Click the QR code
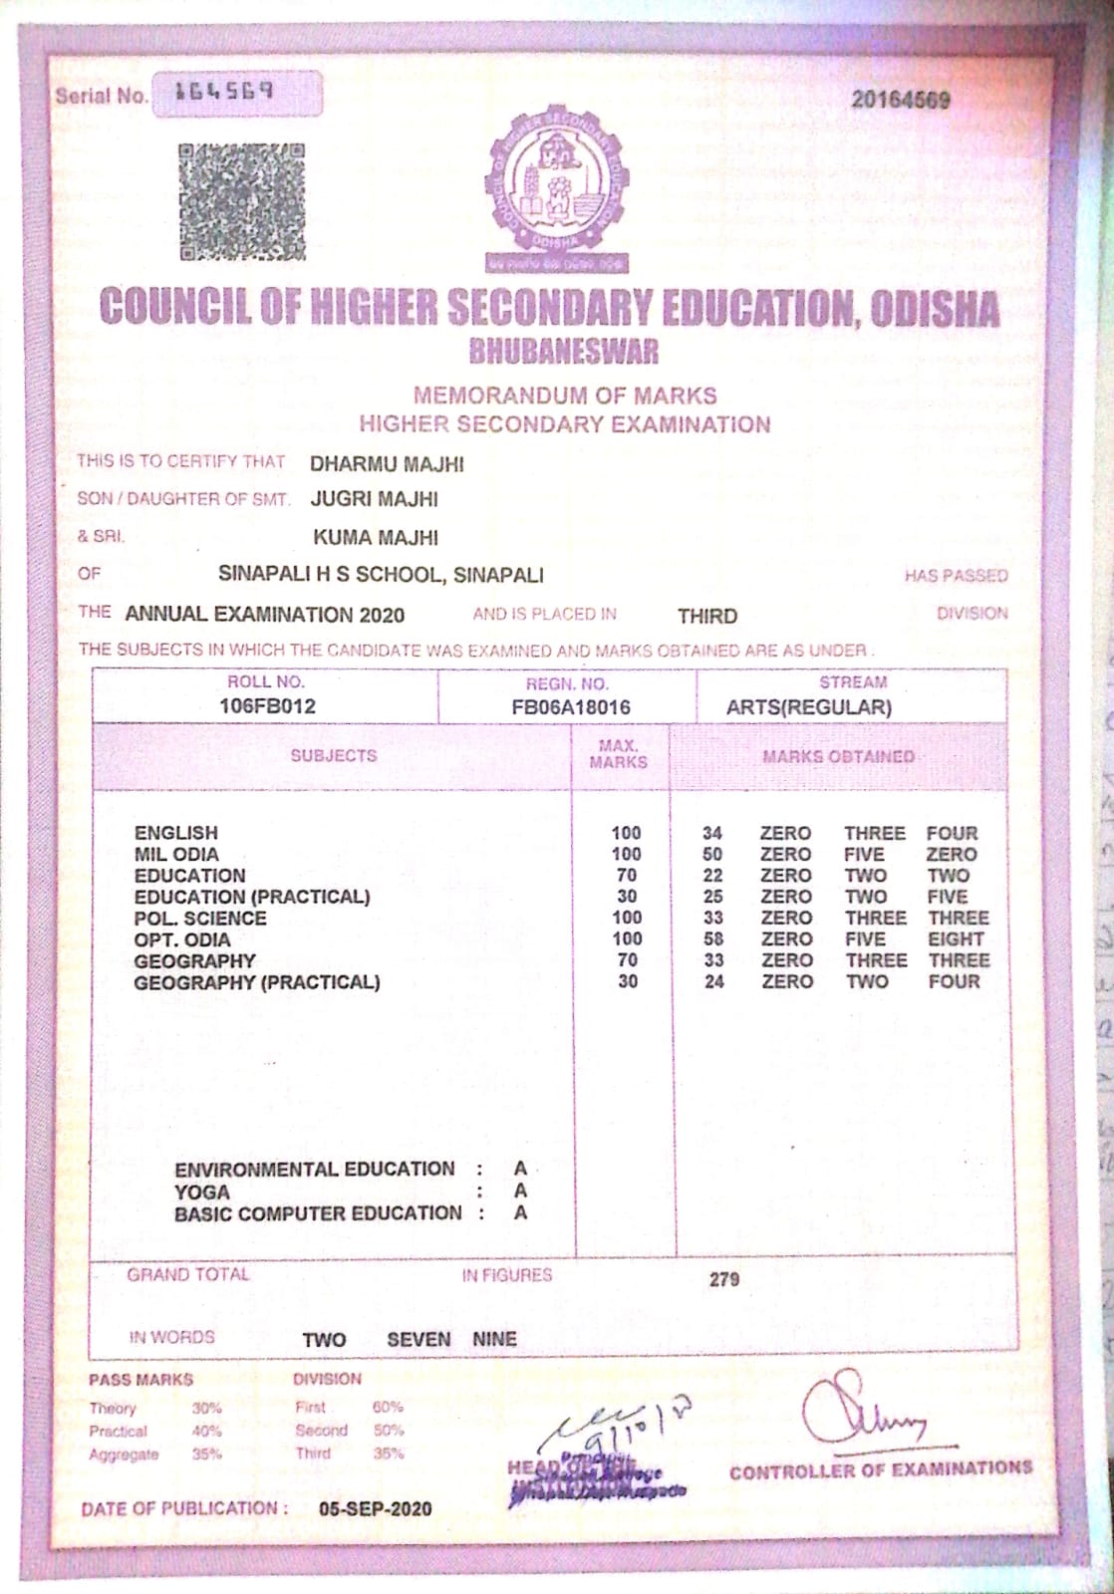coord(241,202)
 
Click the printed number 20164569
coord(900,100)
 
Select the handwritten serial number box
coord(236,94)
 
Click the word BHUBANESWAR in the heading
coord(563,351)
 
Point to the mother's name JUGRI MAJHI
coord(374,499)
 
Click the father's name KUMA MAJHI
coord(376,538)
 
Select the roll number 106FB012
coord(267,706)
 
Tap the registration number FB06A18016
coord(570,707)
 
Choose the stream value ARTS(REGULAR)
coord(808,707)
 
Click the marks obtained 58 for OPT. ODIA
coord(712,939)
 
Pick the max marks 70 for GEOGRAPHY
coord(627,960)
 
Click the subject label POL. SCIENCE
coord(200,919)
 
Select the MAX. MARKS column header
coord(618,754)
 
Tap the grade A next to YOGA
coord(520,1192)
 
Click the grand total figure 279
coord(724,1279)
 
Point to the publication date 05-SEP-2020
coord(376,1509)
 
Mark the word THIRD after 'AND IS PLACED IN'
coord(707,616)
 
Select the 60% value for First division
coord(388,1408)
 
